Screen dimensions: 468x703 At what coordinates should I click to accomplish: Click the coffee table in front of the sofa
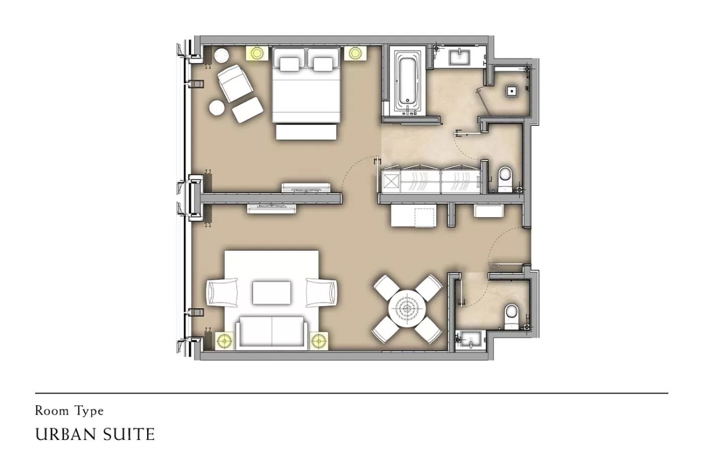pyautogui.click(x=272, y=293)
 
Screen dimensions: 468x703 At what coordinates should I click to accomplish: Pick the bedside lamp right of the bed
pyautogui.click(x=356, y=53)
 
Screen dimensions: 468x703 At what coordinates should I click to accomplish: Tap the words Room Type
pyautogui.click(x=69, y=411)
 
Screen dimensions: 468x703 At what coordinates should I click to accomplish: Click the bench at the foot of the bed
pyautogui.click(x=306, y=132)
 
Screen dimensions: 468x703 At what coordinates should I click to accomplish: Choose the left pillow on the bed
pyautogui.click(x=289, y=63)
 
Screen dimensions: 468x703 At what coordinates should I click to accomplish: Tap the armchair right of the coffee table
pyautogui.click(x=322, y=292)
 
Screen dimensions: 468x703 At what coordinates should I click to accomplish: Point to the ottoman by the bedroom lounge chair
pyautogui.click(x=247, y=109)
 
